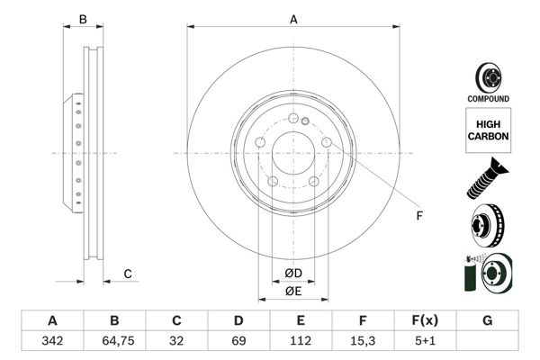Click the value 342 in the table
coord(52,342)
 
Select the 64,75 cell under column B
coord(114,342)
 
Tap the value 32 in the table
coord(176,342)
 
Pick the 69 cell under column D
coord(238,342)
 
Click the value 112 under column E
coord(301,342)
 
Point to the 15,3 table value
coord(363,342)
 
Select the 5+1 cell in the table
coord(425,342)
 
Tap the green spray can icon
coord(469,273)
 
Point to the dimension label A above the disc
coord(292,18)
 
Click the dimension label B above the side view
coord(82,18)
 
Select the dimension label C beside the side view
coord(128,274)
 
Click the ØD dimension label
coord(292,274)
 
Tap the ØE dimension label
coord(292,292)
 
